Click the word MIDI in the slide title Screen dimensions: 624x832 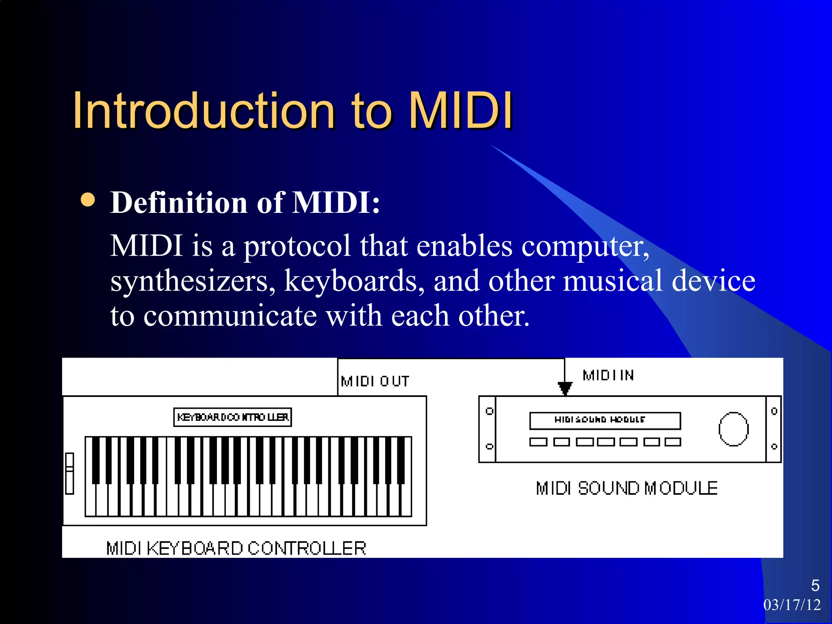pos(460,111)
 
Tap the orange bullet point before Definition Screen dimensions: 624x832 pos(88,199)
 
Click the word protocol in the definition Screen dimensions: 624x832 pos(297,247)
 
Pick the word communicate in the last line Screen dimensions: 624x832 pos(230,316)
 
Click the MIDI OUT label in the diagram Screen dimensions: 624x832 pos(375,381)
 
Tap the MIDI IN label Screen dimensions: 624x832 pos(608,375)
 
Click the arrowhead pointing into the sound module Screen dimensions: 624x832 pos(565,388)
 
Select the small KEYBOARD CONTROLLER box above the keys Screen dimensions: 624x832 pos(232,417)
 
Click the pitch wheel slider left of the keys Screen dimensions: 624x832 pos(69,473)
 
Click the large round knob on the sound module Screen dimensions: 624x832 pos(733,429)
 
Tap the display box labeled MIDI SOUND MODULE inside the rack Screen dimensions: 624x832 pos(604,420)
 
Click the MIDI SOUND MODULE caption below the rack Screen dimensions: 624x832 pos(626,488)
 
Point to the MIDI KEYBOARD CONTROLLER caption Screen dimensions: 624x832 pos(236,548)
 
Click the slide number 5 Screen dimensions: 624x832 pos(815,585)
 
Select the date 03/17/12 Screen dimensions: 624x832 pos(792,605)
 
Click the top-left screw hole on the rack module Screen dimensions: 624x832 pos(490,411)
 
